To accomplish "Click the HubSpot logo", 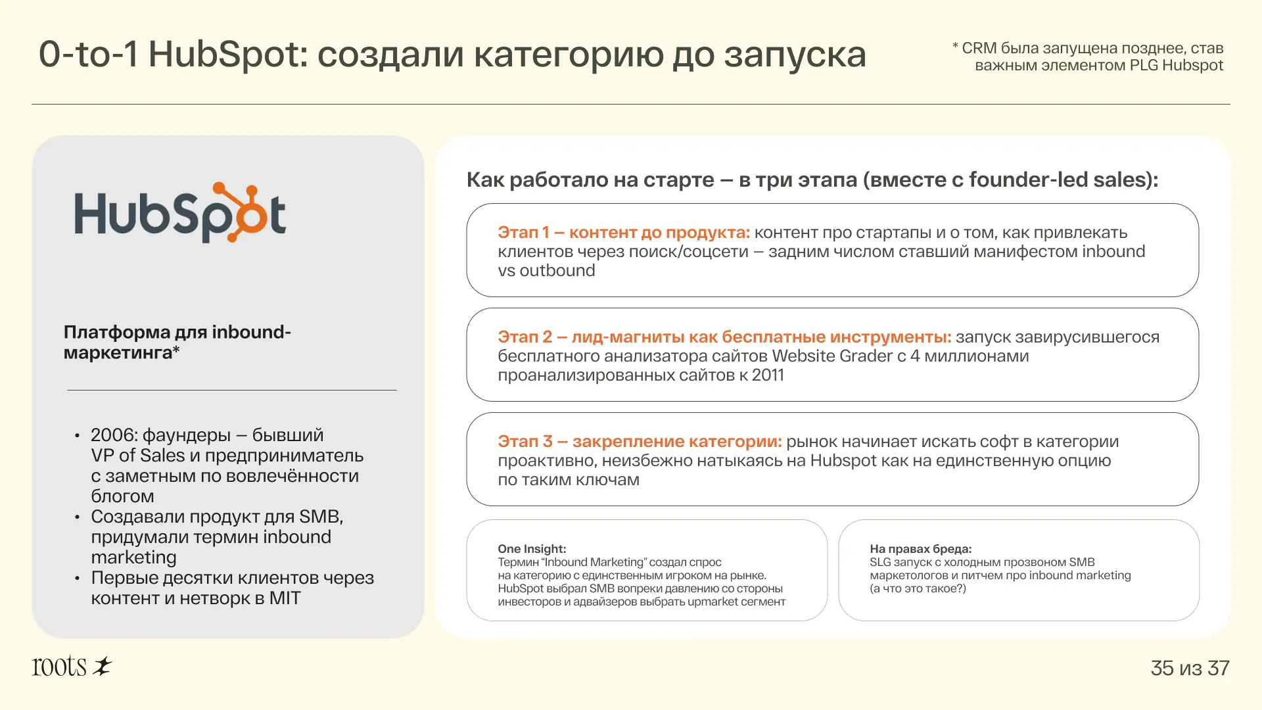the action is click(180, 212).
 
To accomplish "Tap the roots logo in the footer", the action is click(72, 666).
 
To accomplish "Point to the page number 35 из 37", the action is click(1190, 668).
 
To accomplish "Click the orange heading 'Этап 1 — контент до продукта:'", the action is click(624, 232).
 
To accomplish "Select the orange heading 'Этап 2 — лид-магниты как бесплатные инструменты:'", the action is click(724, 337).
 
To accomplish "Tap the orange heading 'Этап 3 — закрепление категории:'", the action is click(640, 441).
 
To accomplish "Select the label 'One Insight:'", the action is click(532, 548).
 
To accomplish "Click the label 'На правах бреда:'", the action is click(920, 548).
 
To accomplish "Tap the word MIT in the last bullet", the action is click(285, 598).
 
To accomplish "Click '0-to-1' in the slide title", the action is click(89, 54).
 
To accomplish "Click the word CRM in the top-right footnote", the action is click(979, 48).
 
